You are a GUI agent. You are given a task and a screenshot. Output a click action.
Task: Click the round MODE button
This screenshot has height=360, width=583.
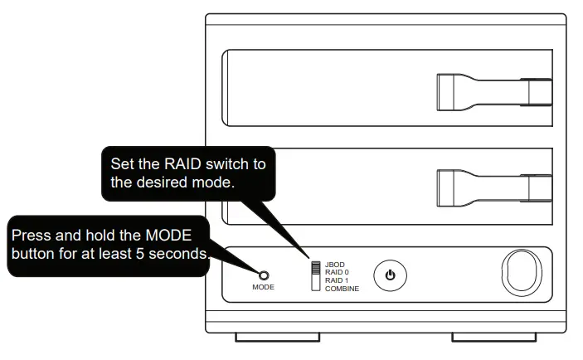click(264, 275)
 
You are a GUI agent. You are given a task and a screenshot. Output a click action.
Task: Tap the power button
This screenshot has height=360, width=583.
click(390, 275)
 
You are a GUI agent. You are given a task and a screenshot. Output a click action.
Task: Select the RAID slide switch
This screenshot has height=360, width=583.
click(315, 276)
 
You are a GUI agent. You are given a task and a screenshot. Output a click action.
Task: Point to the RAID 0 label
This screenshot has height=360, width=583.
click(337, 273)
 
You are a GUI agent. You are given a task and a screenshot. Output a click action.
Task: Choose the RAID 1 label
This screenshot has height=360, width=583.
click(337, 280)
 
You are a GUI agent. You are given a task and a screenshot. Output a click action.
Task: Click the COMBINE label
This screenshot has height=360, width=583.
click(342, 288)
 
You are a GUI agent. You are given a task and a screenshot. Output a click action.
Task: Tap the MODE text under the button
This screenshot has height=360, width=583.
click(264, 287)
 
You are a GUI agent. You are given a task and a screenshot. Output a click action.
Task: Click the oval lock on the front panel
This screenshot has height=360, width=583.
click(520, 274)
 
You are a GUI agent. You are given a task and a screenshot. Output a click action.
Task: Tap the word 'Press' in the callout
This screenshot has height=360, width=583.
click(31, 236)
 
